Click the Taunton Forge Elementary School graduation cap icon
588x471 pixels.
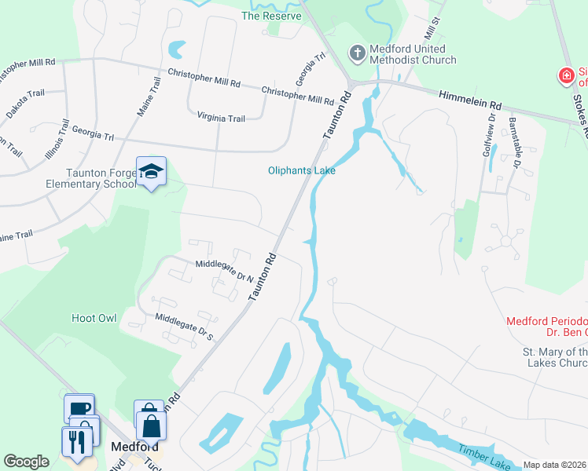pyautogui.click(x=151, y=171)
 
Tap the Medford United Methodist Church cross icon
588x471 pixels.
pyautogui.click(x=357, y=53)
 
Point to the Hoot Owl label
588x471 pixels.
pyautogui.click(x=94, y=318)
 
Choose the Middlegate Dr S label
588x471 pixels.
pyautogui.click(x=185, y=326)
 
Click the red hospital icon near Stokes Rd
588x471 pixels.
pyautogui.click(x=565, y=75)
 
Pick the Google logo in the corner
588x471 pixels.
pyautogui.click(x=26, y=462)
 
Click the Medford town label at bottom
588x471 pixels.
pyautogui.click(x=130, y=446)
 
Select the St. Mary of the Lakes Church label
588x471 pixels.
pyautogui.click(x=555, y=357)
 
